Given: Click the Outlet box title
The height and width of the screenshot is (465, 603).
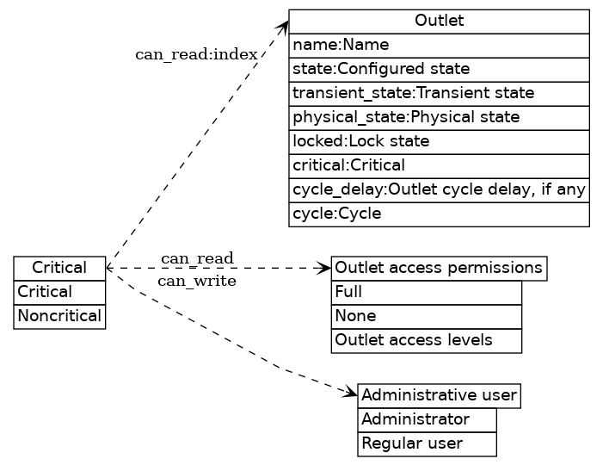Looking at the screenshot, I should point(439,21).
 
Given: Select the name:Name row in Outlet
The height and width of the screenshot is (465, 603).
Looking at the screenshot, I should point(439,45).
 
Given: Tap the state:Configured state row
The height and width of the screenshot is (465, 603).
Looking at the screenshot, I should point(439,69).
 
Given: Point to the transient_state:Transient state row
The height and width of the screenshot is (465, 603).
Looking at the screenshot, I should point(439,93).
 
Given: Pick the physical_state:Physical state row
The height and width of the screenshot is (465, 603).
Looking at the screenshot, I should point(439,117).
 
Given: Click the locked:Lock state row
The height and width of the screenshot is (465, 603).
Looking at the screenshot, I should point(439,141).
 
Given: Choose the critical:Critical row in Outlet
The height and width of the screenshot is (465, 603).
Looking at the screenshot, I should point(439,165).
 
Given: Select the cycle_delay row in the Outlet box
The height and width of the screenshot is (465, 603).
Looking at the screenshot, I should point(439,189).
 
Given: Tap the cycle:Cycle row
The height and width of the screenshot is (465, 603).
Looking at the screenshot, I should point(439,214).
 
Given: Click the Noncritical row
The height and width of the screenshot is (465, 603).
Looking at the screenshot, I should point(59,316).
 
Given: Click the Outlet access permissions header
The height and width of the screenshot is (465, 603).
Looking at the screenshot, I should point(439,268).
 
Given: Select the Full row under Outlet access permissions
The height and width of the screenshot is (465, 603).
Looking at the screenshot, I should point(427,292).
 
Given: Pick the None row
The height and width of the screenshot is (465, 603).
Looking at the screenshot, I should point(427,316).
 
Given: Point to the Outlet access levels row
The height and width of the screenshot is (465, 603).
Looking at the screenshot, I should point(427,340).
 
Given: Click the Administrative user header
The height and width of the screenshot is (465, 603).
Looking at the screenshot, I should point(439,395).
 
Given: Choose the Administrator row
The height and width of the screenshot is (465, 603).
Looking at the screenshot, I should point(427,419).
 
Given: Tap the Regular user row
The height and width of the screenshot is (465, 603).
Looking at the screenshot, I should point(427,443).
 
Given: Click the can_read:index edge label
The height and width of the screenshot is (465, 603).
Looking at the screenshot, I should point(196,55).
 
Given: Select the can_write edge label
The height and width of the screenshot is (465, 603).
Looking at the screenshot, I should point(196,281).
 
